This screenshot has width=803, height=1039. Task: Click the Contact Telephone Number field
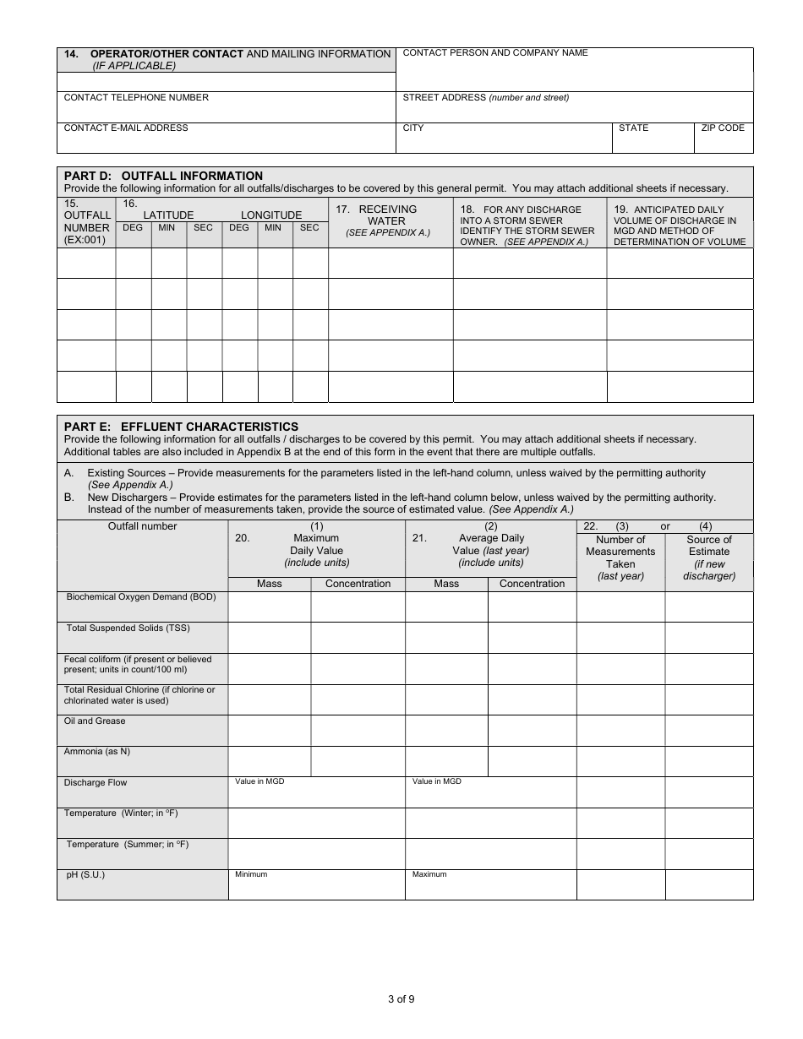tap(227, 109)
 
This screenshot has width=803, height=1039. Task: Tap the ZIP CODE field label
tap(723, 128)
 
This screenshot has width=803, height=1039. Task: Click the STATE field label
tap(633, 128)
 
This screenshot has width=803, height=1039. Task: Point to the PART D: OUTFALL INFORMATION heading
tap(163, 176)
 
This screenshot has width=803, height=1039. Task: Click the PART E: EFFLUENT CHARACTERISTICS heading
tap(181, 427)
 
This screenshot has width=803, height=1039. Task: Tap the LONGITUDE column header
tap(271, 215)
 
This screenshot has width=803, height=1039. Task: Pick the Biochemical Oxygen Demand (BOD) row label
tap(141, 597)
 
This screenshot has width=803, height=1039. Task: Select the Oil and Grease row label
tap(95, 721)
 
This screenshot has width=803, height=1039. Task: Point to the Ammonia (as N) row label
tap(97, 752)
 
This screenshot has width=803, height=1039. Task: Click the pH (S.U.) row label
tap(85, 875)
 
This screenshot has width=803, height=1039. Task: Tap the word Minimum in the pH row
tap(251, 874)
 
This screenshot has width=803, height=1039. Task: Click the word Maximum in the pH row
tap(429, 874)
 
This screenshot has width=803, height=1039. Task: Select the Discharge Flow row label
tap(96, 783)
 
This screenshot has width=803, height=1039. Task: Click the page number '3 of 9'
tap(401, 999)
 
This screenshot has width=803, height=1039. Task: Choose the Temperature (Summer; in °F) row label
tap(128, 845)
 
